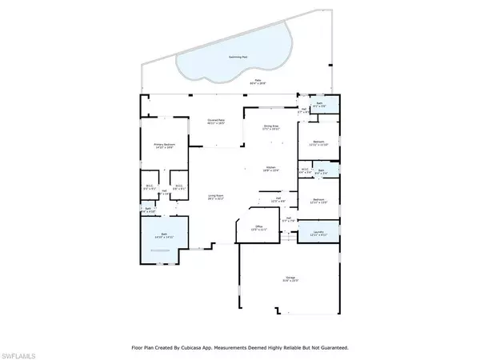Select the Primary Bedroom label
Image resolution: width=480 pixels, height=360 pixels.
(x=164, y=146)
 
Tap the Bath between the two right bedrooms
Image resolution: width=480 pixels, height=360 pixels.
(x=319, y=171)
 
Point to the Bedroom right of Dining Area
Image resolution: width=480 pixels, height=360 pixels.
(x=318, y=143)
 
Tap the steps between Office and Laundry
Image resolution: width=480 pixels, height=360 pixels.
(x=284, y=234)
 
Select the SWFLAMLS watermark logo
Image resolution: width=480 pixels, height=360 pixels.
(x=23, y=351)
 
